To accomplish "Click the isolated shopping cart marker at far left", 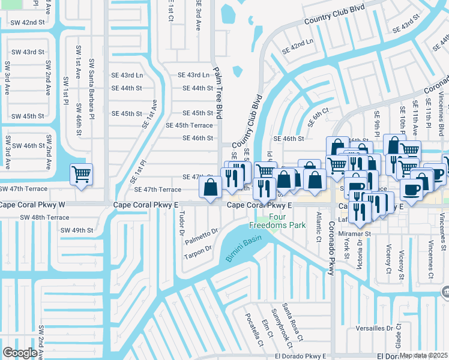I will click(x=81, y=175).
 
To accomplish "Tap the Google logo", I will click(x=20, y=353).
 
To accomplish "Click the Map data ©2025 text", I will click(x=424, y=355).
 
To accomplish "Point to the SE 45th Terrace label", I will click(x=189, y=125).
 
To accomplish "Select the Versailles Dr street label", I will click(x=373, y=328).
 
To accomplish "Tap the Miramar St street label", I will click(x=357, y=233).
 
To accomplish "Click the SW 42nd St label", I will click(x=28, y=22).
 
